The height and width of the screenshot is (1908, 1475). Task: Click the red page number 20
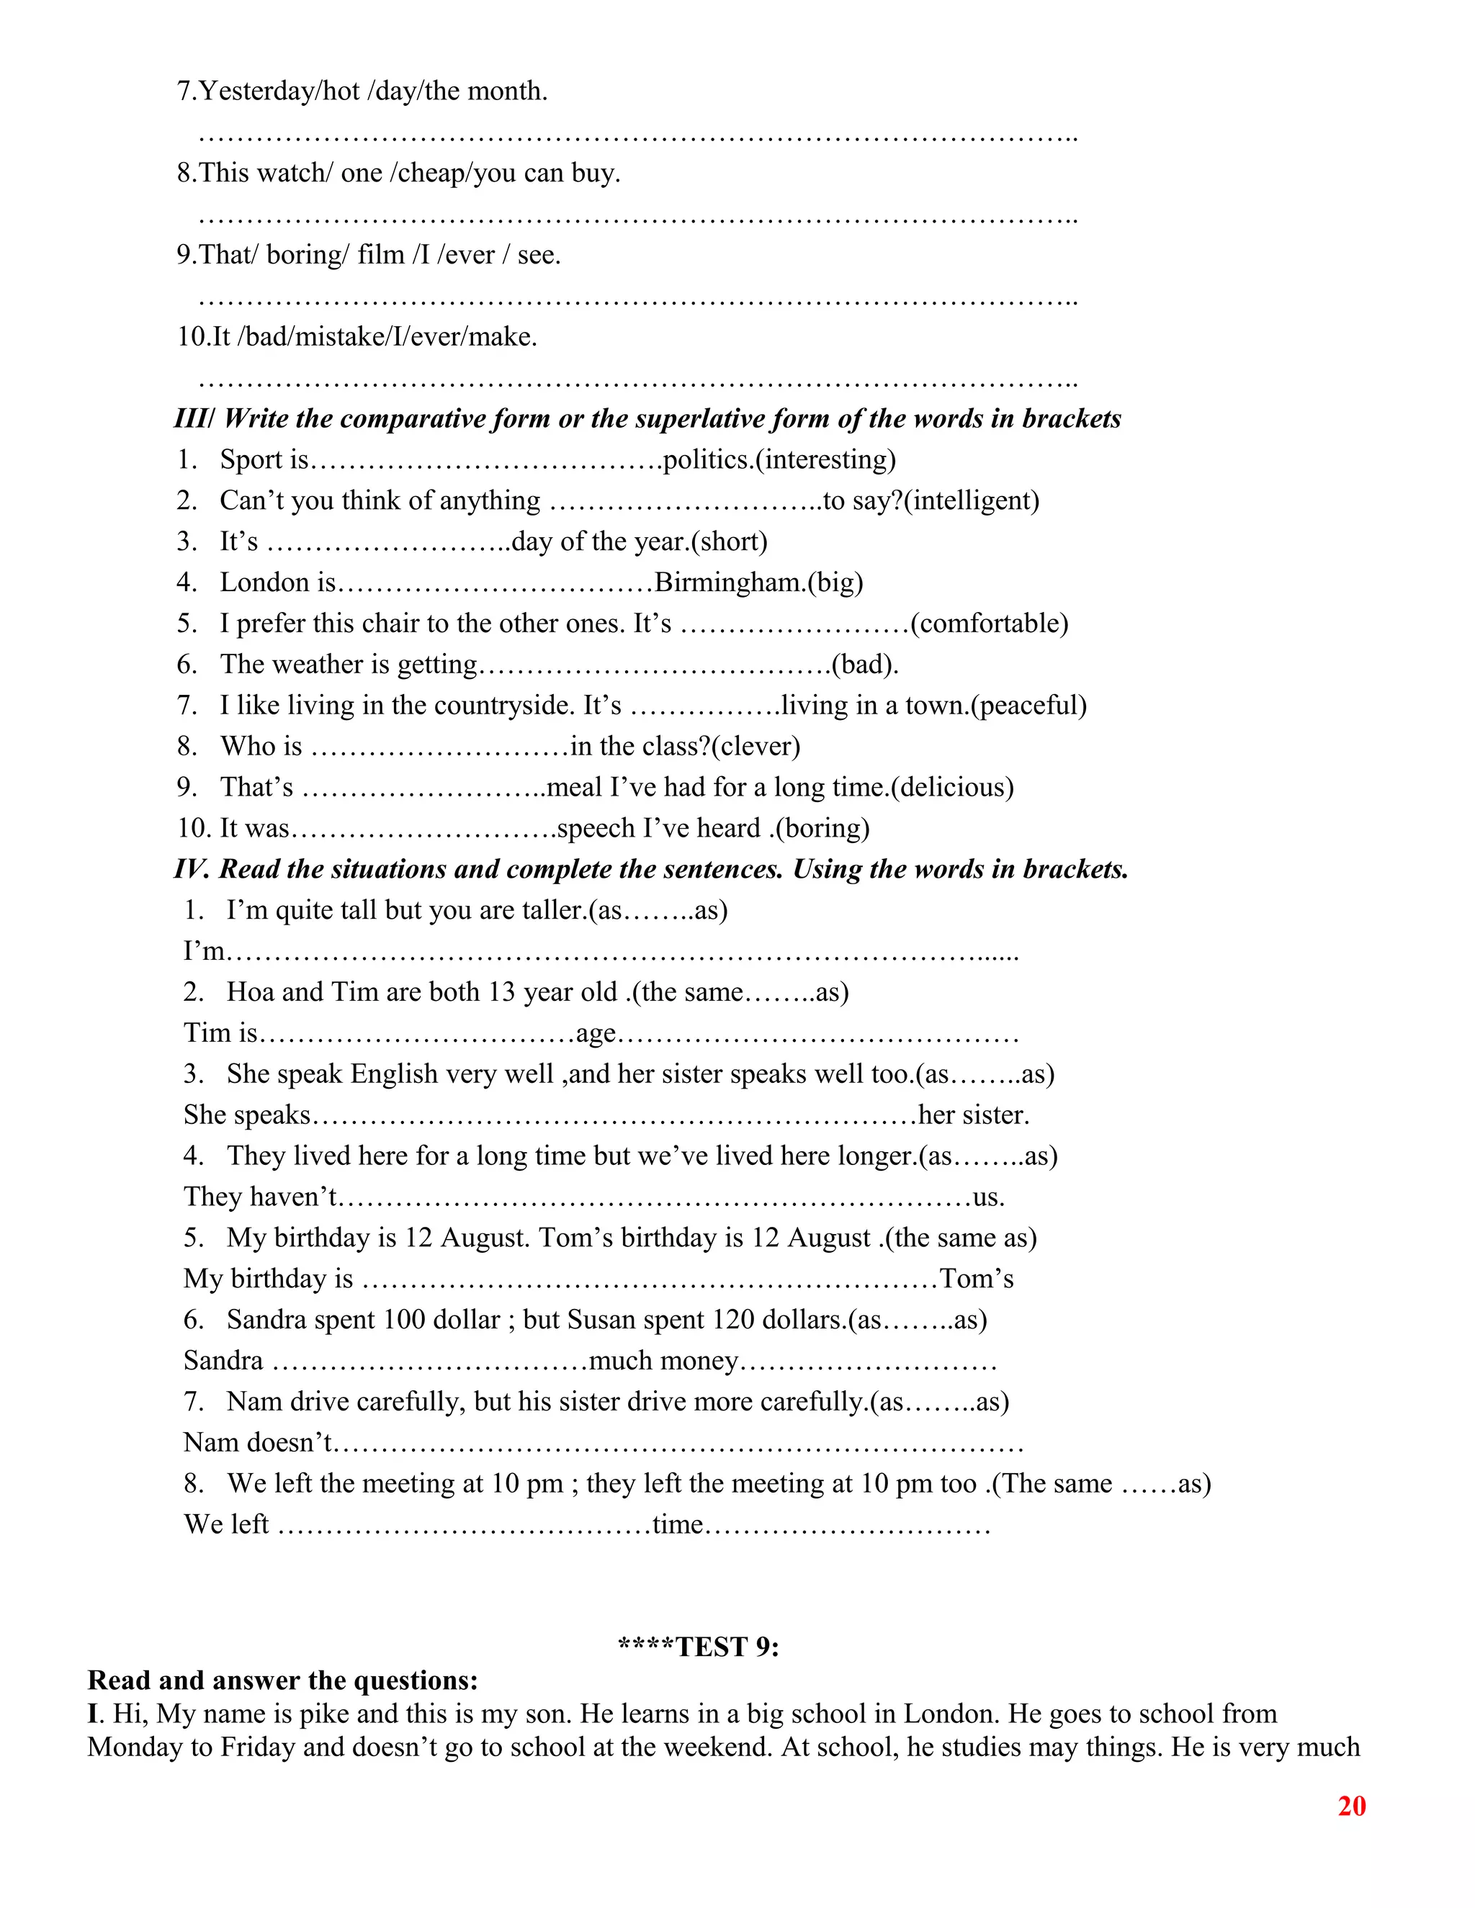coord(1351,1806)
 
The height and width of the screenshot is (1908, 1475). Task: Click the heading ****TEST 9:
coord(698,1647)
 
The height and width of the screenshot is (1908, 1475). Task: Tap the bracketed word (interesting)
coord(825,459)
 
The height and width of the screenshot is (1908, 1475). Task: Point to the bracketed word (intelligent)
coord(972,500)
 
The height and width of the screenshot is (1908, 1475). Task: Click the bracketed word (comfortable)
coord(989,623)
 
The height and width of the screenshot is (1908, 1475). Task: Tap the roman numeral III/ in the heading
coord(194,418)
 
